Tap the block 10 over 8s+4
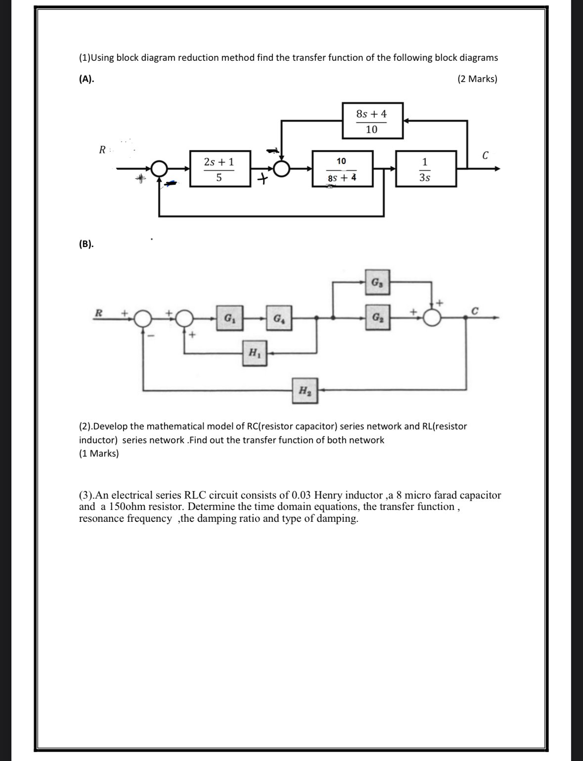coord(342,169)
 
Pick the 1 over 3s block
coord(425,169)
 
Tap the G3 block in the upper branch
coord(377,282)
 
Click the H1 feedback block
coord(254,353)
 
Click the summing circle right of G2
coord(433,319)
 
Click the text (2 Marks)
coord(477,79)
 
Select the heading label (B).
coord(87,244)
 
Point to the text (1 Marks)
coord(99,453)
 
